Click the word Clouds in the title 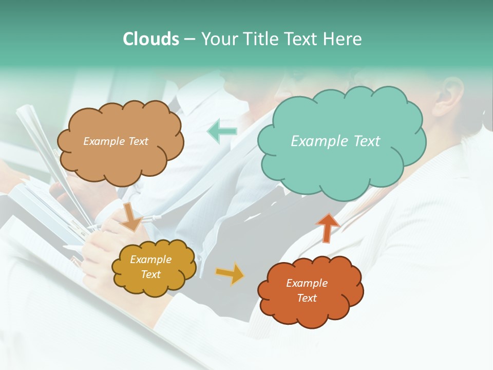151,39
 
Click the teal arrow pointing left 222,131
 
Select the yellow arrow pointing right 230,273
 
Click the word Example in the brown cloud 104,141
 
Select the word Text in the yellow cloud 151,274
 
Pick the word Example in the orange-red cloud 307,283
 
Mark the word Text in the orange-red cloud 307,298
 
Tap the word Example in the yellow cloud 151,260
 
